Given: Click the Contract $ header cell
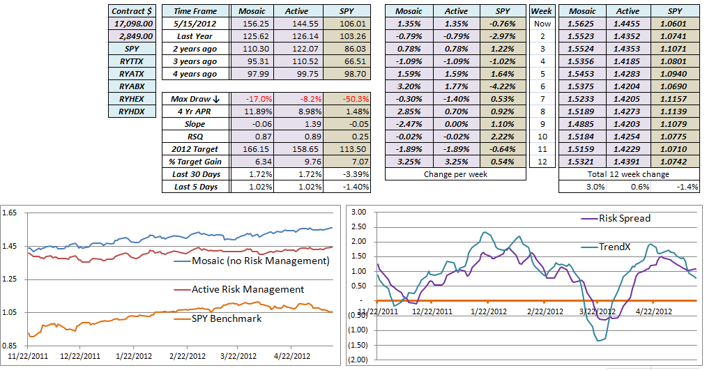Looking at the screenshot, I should click(x=132, y=11).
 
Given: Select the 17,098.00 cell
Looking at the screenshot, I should click(x=132, y=24).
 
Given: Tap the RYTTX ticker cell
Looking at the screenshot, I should click(x=132, y=61).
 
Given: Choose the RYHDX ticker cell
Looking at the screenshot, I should click(x=132, y=111).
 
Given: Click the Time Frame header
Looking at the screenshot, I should click(x=195, y=11).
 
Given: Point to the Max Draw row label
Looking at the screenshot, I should click(x=195, y=99).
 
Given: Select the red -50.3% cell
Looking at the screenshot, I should click(x=347, y=99).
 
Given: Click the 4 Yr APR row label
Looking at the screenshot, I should click(x=195, y=111).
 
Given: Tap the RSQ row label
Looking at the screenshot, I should click(x=195, y=137).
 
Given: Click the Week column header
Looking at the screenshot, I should click(x=541, y=11).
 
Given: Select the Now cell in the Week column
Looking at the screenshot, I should click(x=541, y=24).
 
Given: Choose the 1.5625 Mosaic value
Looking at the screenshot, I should click(x=581, y=24).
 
